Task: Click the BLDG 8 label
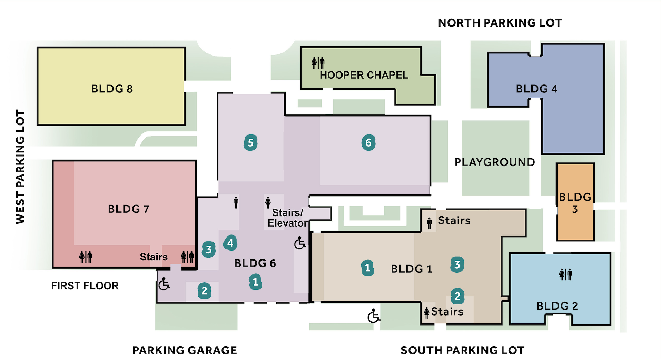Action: tap(112, 89)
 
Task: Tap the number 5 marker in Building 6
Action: tap(250, 143)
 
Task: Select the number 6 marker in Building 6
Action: tap(368, 142)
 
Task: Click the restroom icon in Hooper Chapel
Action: tap(318, 63)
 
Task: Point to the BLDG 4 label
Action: tap(536, 89)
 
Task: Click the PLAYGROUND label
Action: tap(494, 162)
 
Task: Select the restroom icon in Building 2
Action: tap(565, 274)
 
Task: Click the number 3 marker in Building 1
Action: tap(457, 264)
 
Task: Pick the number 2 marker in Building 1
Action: tap(457, 296)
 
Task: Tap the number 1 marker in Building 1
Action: tap(367, 268)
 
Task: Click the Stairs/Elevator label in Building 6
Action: tap(287, 218)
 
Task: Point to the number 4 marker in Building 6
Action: tap(230, 243)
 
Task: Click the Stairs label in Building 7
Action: tap(154, 257)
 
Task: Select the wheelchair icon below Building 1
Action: tap(373, 316)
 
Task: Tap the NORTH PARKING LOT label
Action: tap(500, 23)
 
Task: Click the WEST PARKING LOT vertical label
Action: tap(20, 167)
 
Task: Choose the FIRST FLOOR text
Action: tap(85, 286)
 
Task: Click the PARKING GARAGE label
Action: tap(185, 350)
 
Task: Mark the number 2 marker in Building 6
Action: tap(204, 291)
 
